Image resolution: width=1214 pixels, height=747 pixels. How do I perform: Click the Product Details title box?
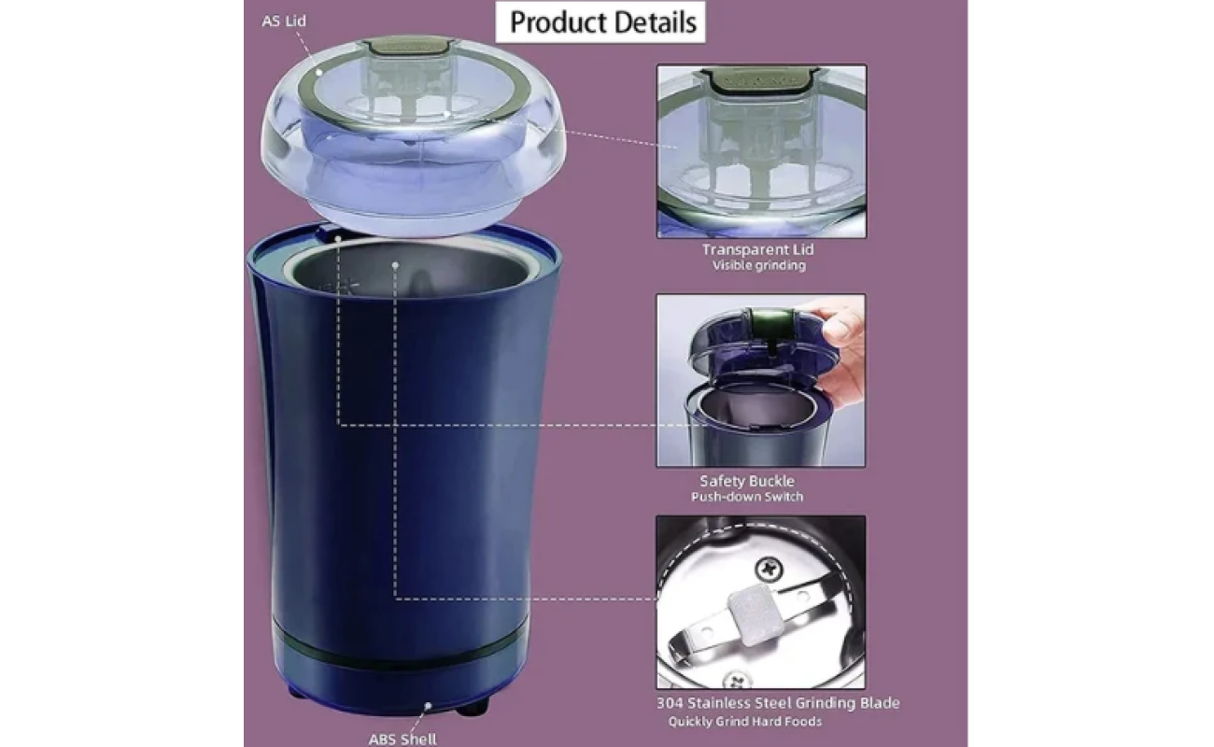coord(600,22)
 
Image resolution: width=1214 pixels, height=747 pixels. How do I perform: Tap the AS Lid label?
coord(284,21)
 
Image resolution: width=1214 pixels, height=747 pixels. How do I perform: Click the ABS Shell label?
coord(402,739)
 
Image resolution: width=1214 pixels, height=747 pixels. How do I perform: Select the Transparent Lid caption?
coord(757,249)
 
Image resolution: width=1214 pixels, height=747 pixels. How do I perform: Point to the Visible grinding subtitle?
coord(758,265)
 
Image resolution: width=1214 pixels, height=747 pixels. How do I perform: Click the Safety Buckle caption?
coord(747,481)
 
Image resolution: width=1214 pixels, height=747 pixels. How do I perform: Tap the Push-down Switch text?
coord(747,497)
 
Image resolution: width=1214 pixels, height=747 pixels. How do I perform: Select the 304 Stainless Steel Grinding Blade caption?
coord(778,703)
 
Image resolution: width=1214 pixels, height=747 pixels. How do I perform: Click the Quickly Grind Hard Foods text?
coord(744,722)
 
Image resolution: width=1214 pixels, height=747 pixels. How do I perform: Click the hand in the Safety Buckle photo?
coord(841,352)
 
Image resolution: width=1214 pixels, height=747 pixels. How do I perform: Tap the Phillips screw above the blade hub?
coord(769,570)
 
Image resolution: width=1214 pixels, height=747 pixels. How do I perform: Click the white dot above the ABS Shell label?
coord(428,706)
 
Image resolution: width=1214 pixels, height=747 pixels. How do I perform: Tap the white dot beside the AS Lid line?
coord(319,72)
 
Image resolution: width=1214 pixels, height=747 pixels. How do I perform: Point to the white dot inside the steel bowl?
coord(395,265)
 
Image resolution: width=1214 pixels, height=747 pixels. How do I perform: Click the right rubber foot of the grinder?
coord(473,707)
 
